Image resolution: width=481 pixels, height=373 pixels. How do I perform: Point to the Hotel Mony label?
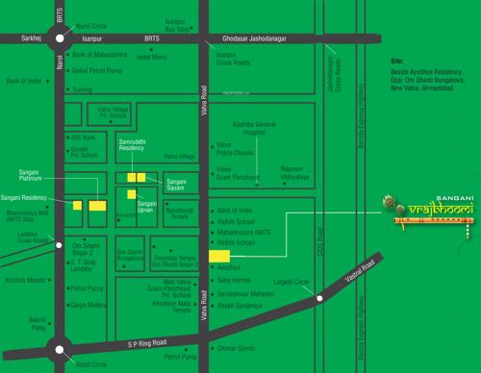tap(153, 57)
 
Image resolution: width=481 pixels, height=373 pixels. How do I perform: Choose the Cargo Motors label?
tap(91, 301)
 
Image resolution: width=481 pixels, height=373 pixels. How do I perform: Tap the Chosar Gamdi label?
tap(237, 347)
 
